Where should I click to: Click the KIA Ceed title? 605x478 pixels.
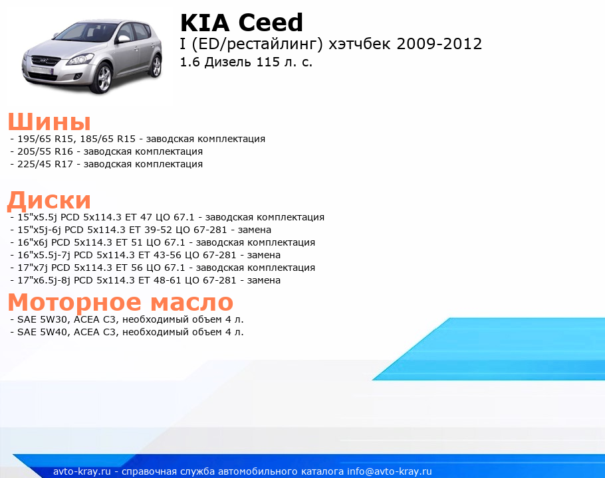point(241,23)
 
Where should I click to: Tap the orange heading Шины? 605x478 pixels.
point(49,121)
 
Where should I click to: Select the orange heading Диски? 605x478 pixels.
point(49,200)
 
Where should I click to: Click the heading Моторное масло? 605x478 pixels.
point(120,301)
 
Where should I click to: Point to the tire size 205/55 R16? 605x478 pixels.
point(45,151)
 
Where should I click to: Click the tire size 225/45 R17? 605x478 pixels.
point(45,164)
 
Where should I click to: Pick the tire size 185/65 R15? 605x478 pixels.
point(108,139)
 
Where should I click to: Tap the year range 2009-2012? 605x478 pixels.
point(439,44)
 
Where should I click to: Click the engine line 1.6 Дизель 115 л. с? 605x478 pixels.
point(246,62)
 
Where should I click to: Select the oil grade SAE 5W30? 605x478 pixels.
point(43,319)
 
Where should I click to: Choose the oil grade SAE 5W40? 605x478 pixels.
point(43,332)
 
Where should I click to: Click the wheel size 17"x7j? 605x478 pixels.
point(33,268)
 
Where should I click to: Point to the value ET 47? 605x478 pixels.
point(138,217)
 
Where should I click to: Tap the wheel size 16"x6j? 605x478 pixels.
point(33,243)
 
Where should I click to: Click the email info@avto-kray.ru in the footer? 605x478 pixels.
point(390,471)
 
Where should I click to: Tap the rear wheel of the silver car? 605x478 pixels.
point(156,66)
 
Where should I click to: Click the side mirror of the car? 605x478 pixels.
point(124,39)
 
